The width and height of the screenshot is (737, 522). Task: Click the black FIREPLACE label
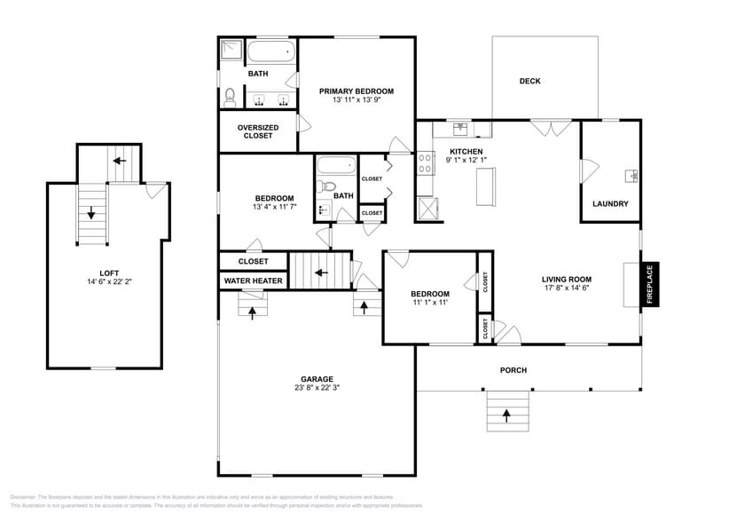coord(650,285)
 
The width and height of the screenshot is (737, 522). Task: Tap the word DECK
coord(529,82)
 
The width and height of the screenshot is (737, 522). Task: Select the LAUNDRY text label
coord(610,203)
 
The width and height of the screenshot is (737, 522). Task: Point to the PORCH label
coord(513,370)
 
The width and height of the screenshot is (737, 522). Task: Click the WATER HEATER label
coord(254,281)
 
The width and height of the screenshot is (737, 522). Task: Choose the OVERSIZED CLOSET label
coord(257,131)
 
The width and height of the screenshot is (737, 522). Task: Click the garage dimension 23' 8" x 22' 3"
coord(317,388)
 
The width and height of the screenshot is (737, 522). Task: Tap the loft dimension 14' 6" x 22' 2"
coord(104,282)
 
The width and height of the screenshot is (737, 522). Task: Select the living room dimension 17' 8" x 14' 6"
coord(566,288)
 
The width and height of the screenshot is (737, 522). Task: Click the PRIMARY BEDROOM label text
coord(357,91)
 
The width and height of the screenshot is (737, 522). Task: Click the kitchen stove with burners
coord(425,162)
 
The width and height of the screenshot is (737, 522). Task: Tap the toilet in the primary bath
coord(230,95)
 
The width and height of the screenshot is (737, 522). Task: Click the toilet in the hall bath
coord(326,187)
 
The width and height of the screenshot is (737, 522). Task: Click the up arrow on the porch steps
coord(506,414)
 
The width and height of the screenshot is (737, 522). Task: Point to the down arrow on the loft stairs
coord(90,213)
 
